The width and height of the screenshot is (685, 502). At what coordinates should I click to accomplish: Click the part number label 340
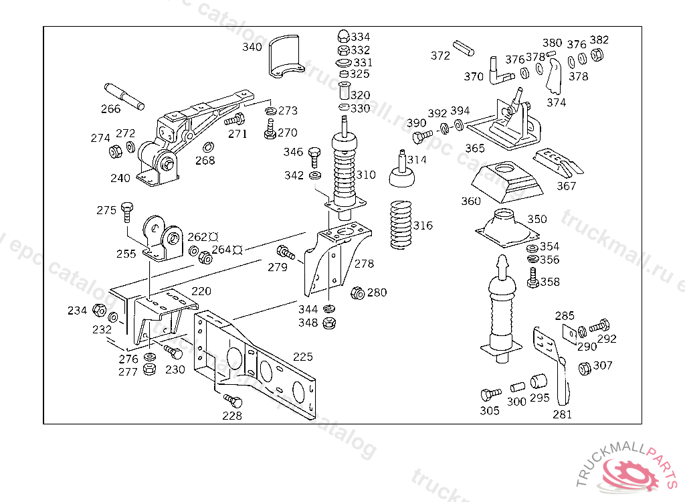[252, 47]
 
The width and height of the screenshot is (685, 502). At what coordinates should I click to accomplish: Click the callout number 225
[302, 357]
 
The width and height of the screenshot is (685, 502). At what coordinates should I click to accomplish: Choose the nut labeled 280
[358, 292]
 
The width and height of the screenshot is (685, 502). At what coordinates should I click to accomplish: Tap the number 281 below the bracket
[562, 414]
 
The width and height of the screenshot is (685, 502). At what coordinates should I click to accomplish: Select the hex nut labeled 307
[583, 367]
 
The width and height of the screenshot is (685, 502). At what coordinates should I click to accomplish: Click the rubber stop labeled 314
[401, 172]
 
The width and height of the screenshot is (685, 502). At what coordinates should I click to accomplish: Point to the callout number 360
[470, 201]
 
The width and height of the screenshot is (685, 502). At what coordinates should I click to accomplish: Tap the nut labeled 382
[598, 54]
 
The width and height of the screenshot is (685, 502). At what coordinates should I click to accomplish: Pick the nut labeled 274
[115, 151]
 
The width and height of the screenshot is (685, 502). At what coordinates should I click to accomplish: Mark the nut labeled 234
[99, 310]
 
